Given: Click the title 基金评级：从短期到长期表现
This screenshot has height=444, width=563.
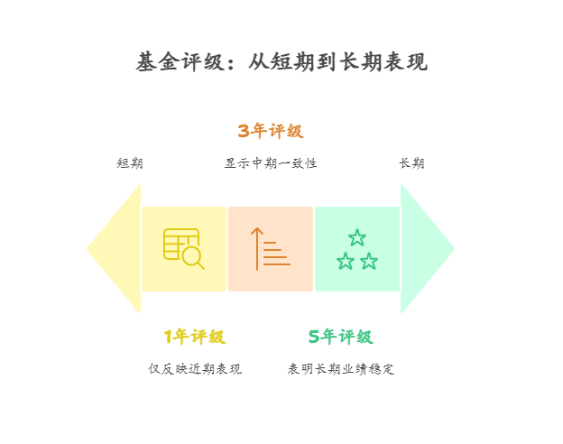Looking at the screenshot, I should pos(281,62).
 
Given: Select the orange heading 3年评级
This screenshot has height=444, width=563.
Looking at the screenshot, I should pos(271,132).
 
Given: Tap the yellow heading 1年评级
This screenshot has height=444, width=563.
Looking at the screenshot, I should pos(195,338).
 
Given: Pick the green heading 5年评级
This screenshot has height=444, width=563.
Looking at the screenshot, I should pos(340,338).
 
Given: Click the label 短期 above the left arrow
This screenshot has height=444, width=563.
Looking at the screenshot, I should pos(130,164).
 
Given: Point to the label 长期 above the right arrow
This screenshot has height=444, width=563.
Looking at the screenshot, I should pos(411,164).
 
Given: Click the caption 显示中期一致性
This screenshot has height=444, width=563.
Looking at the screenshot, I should pos(271,164).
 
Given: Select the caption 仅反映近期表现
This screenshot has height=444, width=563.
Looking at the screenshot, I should pos(195,369).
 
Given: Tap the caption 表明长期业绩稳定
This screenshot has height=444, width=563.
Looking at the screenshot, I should pos(340,369).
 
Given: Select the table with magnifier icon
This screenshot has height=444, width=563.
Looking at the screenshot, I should pos(183,248).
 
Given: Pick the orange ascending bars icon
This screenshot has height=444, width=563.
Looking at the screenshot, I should pos(271,249).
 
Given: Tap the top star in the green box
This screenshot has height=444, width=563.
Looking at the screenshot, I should pos(357,237).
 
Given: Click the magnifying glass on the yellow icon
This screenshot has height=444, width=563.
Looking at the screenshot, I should pos(192,257).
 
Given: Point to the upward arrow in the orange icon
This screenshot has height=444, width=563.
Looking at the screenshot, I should pos(257,248).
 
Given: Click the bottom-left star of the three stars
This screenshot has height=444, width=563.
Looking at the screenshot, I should pos(346,262).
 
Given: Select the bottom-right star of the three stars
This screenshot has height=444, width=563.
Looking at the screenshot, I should pos(369,262).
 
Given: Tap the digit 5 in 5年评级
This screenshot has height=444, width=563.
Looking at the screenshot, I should pos(314,338).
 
